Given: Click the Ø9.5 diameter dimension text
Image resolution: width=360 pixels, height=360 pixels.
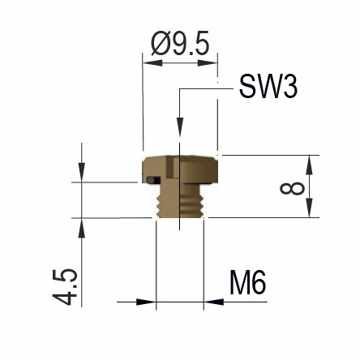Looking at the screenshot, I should [180, 43].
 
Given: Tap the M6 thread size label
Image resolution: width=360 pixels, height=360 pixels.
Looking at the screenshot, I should [247, 284].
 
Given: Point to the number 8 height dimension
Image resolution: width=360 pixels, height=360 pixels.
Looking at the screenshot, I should [294, 188].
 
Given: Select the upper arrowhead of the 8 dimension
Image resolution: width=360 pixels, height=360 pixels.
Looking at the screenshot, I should [309, 162].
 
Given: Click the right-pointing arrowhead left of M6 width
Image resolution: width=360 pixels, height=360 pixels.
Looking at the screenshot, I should [147, 302].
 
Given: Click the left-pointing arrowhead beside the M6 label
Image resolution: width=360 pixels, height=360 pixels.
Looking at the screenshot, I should [213, 302].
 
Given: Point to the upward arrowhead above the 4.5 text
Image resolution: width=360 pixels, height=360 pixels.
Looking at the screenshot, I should [82, 227].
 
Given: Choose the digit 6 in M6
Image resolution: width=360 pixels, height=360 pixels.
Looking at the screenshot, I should [259, 284].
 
